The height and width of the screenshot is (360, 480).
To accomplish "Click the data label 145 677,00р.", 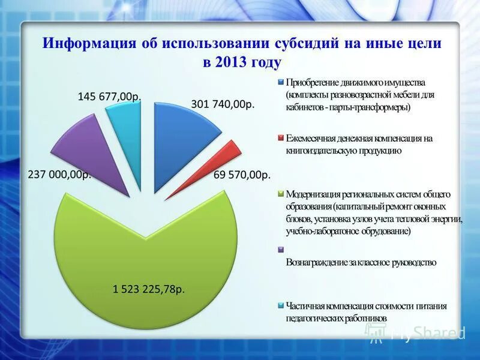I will pyautogui.click(x=109, y=96).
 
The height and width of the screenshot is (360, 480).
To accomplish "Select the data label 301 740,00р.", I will pyautogui.click(x=223, y=104).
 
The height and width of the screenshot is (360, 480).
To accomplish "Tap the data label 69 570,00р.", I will pyautogui.click(x=242, y=175).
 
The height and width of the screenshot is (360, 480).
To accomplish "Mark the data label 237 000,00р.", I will pyautogui.click(x=59, y=175).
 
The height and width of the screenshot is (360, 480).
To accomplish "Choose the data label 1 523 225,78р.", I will pyautogui.click(x=148, y=289).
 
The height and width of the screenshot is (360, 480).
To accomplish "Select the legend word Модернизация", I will pyautogui.click(x=316, y=195).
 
